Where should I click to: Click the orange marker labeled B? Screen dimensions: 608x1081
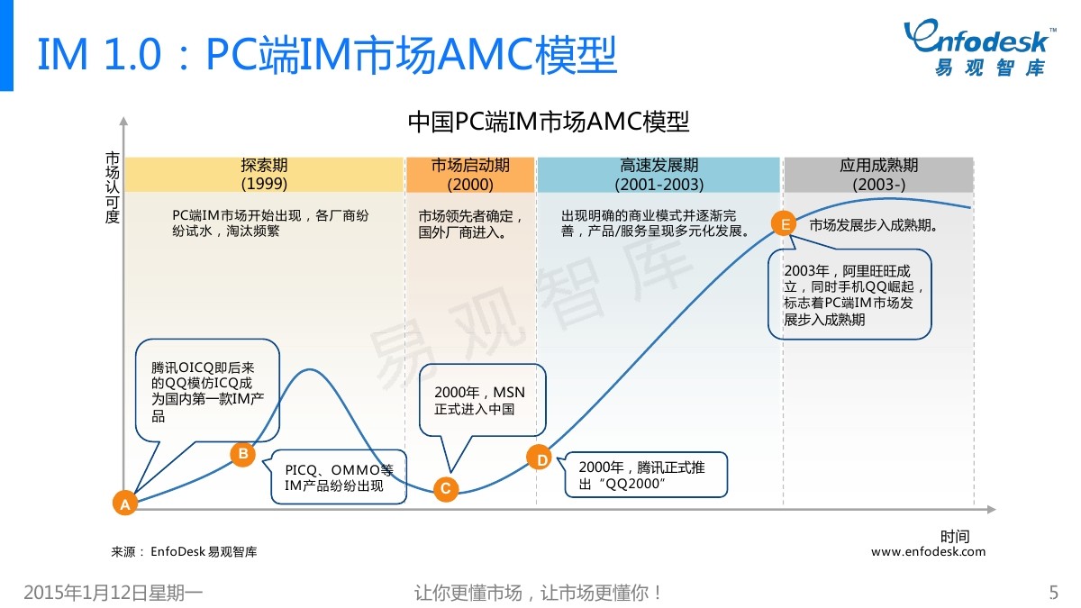pyautogui.click(x=242, y=454)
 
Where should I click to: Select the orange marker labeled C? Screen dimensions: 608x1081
pyautogui.click(x=445, y=488)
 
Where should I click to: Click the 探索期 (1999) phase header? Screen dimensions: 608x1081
pyautogui.click(x=264, y=175)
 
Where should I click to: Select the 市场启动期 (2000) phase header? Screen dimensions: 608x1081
pyautogui.click(x=469, y=175)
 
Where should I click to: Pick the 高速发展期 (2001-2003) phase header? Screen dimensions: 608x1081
pyautogui.click(x=659, y=175)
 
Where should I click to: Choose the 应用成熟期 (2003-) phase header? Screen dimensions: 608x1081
pyautogui.click(x=878, y=175)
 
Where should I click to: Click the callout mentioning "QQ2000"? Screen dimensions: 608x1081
pyautogui.click(x=645, y=475)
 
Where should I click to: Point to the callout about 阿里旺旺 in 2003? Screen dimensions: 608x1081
pyautogui.click(x=849, y=294)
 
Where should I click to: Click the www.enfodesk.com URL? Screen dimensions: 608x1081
pyautogui.click(x=928, y=551)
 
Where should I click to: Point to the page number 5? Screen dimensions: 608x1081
pyautogui.click(x=1054, y=593)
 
